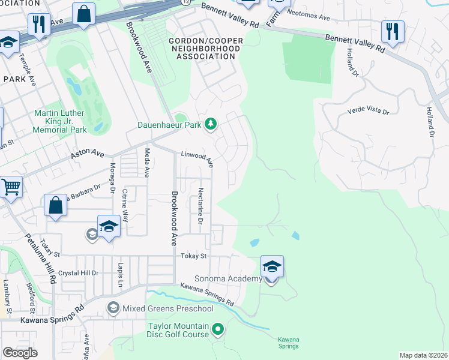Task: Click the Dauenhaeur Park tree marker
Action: click(211, 124)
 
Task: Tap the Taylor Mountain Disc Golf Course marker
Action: click(218, 329)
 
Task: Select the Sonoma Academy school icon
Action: click(271, 266)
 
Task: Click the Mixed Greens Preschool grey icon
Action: click(113, 308)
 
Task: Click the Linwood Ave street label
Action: click(197, 158)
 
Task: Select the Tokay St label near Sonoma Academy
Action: click(193, 256)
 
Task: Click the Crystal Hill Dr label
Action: click(78, 272)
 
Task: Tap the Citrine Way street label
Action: click(125, 207)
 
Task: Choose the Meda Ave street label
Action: click(146, 163)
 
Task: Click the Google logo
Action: click(20, 353)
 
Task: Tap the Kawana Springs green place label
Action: click(288, 343)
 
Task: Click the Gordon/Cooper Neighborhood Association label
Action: click(202, 48)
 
